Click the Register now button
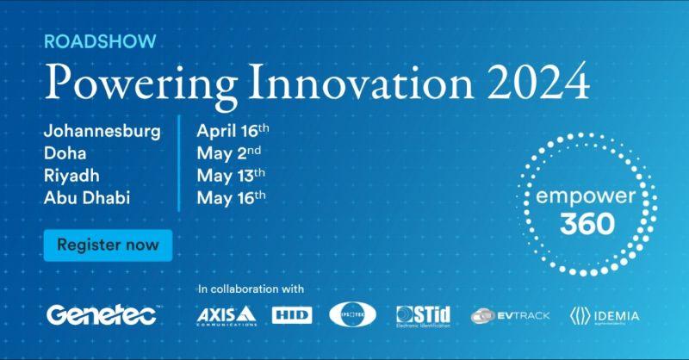tap(108, 245)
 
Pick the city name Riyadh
tap(70, 174)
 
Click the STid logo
tap(424, 316)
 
